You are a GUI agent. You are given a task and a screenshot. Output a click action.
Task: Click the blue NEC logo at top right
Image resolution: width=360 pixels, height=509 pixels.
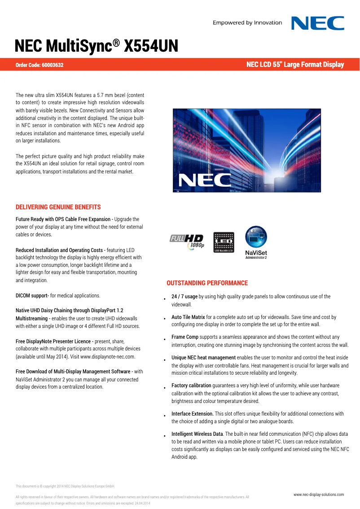[x=318, y=23]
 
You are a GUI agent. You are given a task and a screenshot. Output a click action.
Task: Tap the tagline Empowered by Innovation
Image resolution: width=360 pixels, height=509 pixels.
[x=247, y=23]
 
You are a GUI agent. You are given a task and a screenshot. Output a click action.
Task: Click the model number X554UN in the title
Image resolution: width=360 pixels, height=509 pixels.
[x=151, y=46]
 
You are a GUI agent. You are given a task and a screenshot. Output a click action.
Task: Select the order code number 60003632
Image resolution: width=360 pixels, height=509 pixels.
[x=53, y=65]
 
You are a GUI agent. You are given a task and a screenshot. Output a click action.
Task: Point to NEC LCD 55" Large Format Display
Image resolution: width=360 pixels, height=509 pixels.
[x=295, y=65]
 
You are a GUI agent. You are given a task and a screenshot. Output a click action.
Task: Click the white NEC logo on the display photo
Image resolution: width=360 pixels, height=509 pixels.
[x=205, y=180]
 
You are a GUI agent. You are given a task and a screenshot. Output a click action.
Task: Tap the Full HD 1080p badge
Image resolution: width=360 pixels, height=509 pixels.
[x=187, y=242]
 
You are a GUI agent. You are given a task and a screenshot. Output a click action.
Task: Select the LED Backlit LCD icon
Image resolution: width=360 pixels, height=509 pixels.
[x=224, y=242]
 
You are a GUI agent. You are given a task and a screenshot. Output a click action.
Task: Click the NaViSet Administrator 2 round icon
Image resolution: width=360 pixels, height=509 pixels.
[x=256, y=237]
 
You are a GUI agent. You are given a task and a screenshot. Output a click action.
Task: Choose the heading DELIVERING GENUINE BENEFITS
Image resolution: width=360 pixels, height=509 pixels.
[x=58, y=207]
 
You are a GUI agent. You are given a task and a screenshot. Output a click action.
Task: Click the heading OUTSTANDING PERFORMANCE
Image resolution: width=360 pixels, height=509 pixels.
[x=207, y=283]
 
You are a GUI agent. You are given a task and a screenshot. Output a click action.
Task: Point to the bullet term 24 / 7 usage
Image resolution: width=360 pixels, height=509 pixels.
[x=184, y=297]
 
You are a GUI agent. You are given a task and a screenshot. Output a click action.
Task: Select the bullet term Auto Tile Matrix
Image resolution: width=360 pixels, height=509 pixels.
[x=188, y=317]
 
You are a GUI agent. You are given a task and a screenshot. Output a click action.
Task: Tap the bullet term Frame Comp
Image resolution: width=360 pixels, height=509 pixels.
[x=185, y=337]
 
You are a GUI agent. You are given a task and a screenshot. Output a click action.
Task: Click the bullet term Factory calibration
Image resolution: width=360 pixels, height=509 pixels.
[x=191, y=385]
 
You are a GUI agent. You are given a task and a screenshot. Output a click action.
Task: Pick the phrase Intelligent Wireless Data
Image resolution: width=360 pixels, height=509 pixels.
[x=197, y=434]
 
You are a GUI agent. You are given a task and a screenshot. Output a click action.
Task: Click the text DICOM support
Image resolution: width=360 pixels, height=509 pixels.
[x=32, y=296]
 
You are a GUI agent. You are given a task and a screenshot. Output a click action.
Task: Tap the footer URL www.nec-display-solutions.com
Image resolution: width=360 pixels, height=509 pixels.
[x=319, y=494]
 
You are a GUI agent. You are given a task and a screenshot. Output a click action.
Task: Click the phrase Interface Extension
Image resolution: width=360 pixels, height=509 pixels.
[x=192, y=414]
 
